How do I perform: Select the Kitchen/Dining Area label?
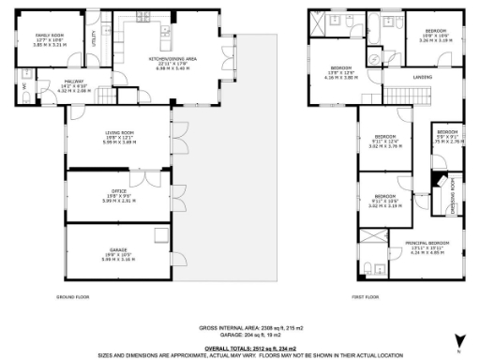(172, 58)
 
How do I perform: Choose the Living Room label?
(118, 132)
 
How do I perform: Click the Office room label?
(118, 190)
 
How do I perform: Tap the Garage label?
(118, 248)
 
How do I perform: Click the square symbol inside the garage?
(161, 235)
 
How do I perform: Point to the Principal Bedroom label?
(424, 243)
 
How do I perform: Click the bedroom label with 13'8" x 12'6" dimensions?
(341, 68)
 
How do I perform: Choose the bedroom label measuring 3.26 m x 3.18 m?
(435, 31)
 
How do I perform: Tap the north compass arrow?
(457, 338)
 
